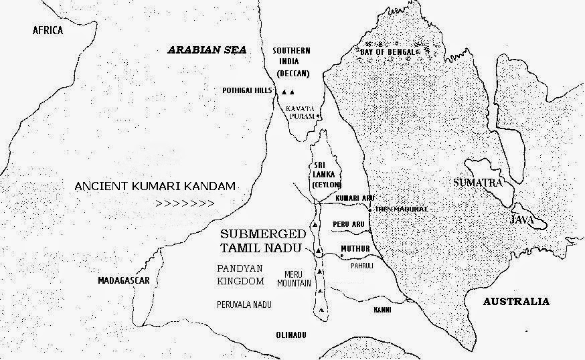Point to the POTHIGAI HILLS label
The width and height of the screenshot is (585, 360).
tap(248, 91)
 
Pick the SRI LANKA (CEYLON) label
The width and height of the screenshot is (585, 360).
tap(327, 175)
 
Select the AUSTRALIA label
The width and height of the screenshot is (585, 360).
tap(516, 301)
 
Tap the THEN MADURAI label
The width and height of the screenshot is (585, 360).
tap(400, 209)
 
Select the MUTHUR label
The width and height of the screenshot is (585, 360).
tap(355, 248)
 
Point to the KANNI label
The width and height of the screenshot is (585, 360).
tap(382, 310)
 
